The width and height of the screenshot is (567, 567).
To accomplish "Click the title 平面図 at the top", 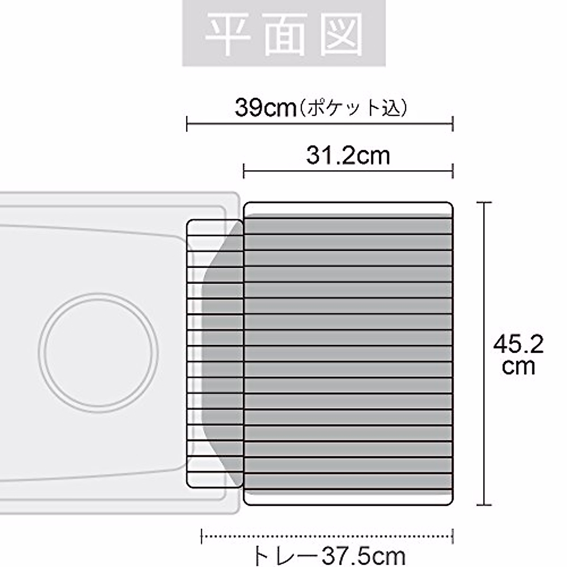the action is pos(283,34).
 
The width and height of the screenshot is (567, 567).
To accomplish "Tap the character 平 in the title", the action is pos(227,34).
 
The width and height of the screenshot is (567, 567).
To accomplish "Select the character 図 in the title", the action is pos(341,34).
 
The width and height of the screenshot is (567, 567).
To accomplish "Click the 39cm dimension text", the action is pos(266,108).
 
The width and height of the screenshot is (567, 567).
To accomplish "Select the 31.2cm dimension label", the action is pos(348,155).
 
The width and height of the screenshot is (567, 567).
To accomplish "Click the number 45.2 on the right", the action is pos(518,344).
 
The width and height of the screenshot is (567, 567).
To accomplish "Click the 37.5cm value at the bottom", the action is pos(364,556).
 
